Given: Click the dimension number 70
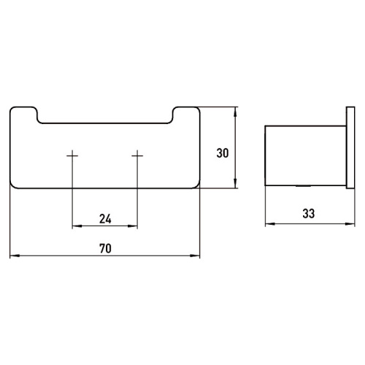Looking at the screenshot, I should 104,248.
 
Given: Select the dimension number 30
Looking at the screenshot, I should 223,153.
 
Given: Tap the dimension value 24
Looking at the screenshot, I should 104,218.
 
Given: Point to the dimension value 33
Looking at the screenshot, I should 307,214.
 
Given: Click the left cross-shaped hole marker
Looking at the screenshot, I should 72,155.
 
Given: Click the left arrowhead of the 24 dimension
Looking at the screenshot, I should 75,226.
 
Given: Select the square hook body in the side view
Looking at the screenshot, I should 303,155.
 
